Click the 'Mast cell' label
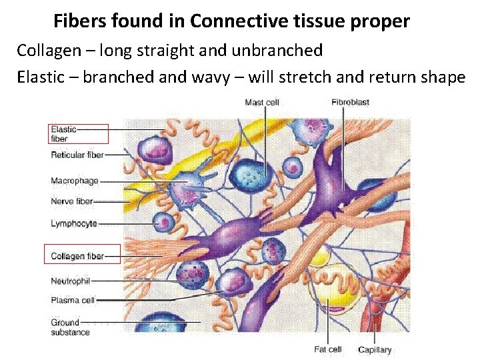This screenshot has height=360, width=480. pos(261,102)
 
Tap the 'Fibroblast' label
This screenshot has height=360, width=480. pos(350,102)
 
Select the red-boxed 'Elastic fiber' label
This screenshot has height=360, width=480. pos(64,134)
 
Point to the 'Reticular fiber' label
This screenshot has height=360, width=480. pos(77,155)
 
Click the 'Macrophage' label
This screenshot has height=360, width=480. pos(74,181)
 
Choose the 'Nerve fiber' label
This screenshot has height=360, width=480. pos(71,201)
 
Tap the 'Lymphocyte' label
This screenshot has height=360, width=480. pos(73,224)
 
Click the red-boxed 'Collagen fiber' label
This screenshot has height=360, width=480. pos(77,256)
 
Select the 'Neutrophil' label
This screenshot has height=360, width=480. pos(70,281)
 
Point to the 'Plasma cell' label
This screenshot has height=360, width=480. pos(73,300)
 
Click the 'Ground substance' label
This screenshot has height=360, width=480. pos(70,327)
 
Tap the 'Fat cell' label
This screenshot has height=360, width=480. pos(328,349)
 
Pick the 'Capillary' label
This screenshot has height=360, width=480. pos(375,349)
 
